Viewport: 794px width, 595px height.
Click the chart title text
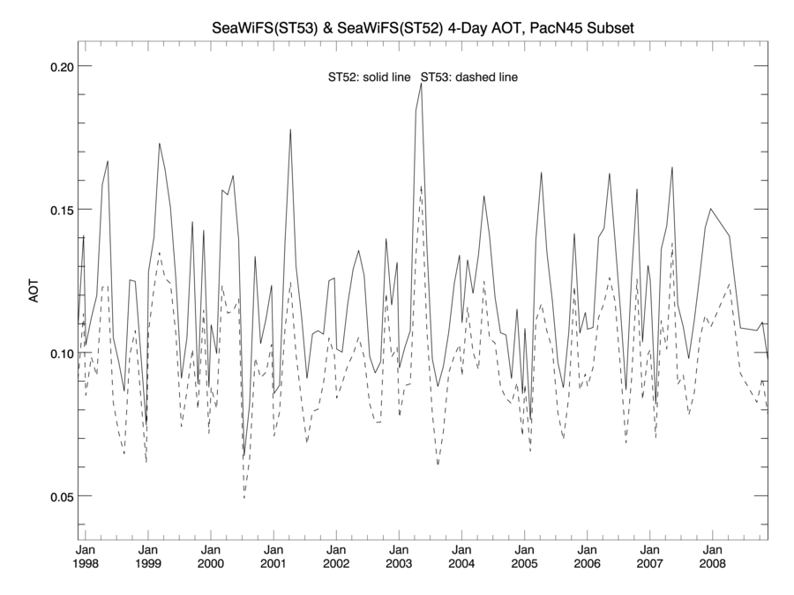pyautogui.click(x=423, y=29)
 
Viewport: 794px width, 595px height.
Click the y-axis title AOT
pyautogui.click(x=35, y=293)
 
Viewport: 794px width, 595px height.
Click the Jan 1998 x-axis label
pyautogui.click(x=86, y=555)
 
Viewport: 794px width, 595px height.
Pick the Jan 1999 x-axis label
pyautogui.click(x=148, y=555)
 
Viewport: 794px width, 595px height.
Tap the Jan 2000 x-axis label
pyautogui.click(x=211, y=555)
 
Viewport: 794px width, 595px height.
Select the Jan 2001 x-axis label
pyautogui.click(x=273, y=555)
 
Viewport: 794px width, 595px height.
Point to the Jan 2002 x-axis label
pyautogui.click(x=336, y=555)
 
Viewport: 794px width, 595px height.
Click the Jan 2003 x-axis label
pyautogui.click(x=399, y=555)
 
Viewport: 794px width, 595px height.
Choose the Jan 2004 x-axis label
pyautogui.click(x=461, y=555)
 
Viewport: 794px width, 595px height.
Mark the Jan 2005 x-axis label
pyautogui.click(x=524, y=555)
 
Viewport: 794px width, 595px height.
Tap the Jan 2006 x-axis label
pyautogui.click(x=587, y=555)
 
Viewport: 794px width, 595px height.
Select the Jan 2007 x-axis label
pyautogui.click(x=649, y=555)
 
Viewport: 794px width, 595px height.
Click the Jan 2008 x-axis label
pyautogui.click(x=712, y=555)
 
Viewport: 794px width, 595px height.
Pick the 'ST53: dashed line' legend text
pyautogui.click(x=468, y=78)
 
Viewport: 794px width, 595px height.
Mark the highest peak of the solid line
pyautogui.click(x=421, y=84)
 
